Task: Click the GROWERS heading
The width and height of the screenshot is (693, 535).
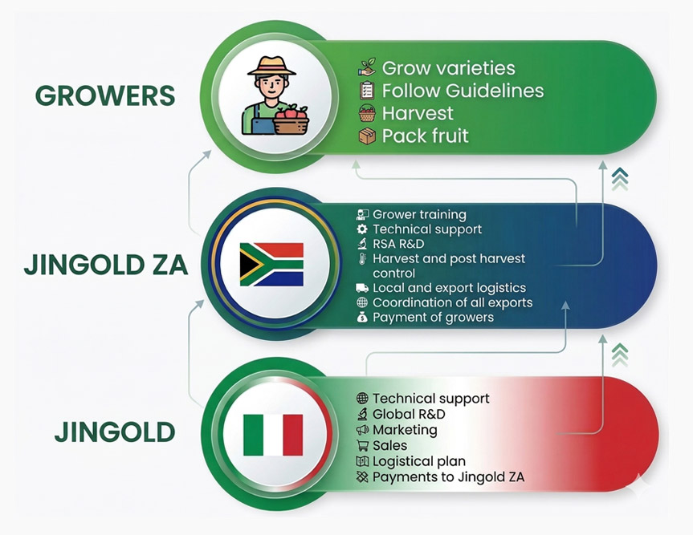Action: pos(105,95)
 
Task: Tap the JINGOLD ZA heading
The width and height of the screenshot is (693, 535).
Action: pos(106,265)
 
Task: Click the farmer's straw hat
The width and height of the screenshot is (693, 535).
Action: pos(271,66)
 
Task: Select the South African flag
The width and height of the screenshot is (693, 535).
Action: pos(271,265)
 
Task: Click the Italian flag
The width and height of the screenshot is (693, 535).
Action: pos(273,435)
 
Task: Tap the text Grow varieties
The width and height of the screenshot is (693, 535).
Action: pos(449,68)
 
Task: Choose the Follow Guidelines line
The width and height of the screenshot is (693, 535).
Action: pos(463,91)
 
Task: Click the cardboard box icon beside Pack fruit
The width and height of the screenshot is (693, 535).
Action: pos(367,136)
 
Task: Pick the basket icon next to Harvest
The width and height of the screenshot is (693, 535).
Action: pos(367,113)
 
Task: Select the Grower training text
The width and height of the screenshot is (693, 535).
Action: pos(419,215)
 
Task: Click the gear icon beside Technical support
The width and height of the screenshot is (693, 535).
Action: pos(362,229)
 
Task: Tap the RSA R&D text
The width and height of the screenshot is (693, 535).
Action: pos(398,244)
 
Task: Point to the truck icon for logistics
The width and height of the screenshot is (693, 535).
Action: pos(362,288)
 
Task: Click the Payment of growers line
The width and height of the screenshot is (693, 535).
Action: pos(433,318)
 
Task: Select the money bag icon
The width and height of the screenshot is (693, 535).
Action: pos(362,317)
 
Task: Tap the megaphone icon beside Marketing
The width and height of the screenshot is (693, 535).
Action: pos(362,429)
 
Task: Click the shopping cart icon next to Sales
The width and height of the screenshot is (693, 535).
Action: pos(362,445)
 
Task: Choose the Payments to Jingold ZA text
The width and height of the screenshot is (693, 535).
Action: pos(449,477)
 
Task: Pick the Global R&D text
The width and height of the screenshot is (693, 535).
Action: pos(409,414)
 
